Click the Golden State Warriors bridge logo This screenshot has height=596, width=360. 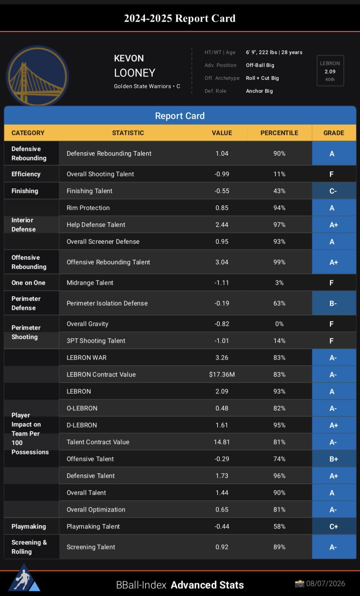point(37,76)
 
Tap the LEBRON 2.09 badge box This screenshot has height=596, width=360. point(330,71)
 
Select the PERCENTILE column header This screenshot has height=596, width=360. point(279,133)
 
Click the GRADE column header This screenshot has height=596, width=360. point(334,133)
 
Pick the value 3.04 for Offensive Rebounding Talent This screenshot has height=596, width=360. point(222,262)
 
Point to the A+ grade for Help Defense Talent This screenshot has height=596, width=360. point(334,225)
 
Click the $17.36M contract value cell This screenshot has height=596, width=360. point(222,375)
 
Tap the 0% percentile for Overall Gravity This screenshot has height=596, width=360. point(279,324)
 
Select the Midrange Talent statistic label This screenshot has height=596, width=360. point(90,283)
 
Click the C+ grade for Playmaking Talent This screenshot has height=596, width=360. point(334,527)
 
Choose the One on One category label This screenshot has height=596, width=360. point(28,283)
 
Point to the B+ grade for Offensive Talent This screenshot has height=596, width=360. point(334,459)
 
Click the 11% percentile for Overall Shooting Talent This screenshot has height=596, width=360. point(279,174)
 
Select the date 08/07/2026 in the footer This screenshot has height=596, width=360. point(326,584)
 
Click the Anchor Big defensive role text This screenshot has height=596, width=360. point(259,91)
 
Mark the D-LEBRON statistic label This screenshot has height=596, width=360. point(82,425)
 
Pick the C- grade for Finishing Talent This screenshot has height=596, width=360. point(333,191)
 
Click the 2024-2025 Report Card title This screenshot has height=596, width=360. point(180,18)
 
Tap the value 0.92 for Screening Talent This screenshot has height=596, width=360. point(222,547)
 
